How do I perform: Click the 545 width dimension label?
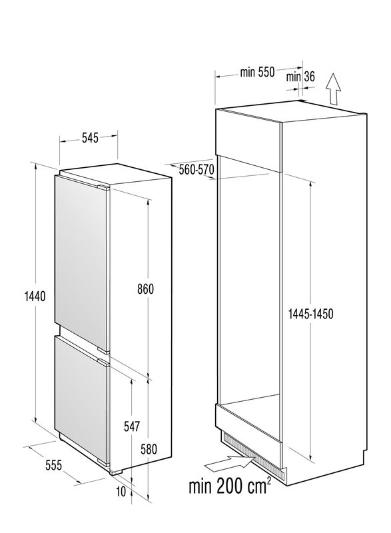click(x=90, y=138)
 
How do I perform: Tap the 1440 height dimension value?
click(x=35, y=296)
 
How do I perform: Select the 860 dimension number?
click(x=145, y=289)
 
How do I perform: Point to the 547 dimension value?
click(x=131, y=426)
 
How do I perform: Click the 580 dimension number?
click(x=149, y=449)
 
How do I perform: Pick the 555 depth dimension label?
click(x=54, y=464)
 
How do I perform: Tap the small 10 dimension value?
click(x=121, y=492)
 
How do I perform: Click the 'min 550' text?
click(x=257, y=72)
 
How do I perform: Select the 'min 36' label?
click(x=300, y=77)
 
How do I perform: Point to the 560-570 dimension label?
click(x=196, y=169)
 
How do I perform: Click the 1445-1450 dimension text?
click(x=310, y=314)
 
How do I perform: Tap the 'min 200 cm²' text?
click(x=230, y=486)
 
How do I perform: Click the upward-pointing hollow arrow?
click(x=333, y=89)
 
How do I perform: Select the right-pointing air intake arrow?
click(x=230, y=463)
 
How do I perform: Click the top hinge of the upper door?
click(x=103, y=188)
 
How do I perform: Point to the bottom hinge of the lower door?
click(x=103, y=462)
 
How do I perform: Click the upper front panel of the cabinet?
click(x=248, y=140)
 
